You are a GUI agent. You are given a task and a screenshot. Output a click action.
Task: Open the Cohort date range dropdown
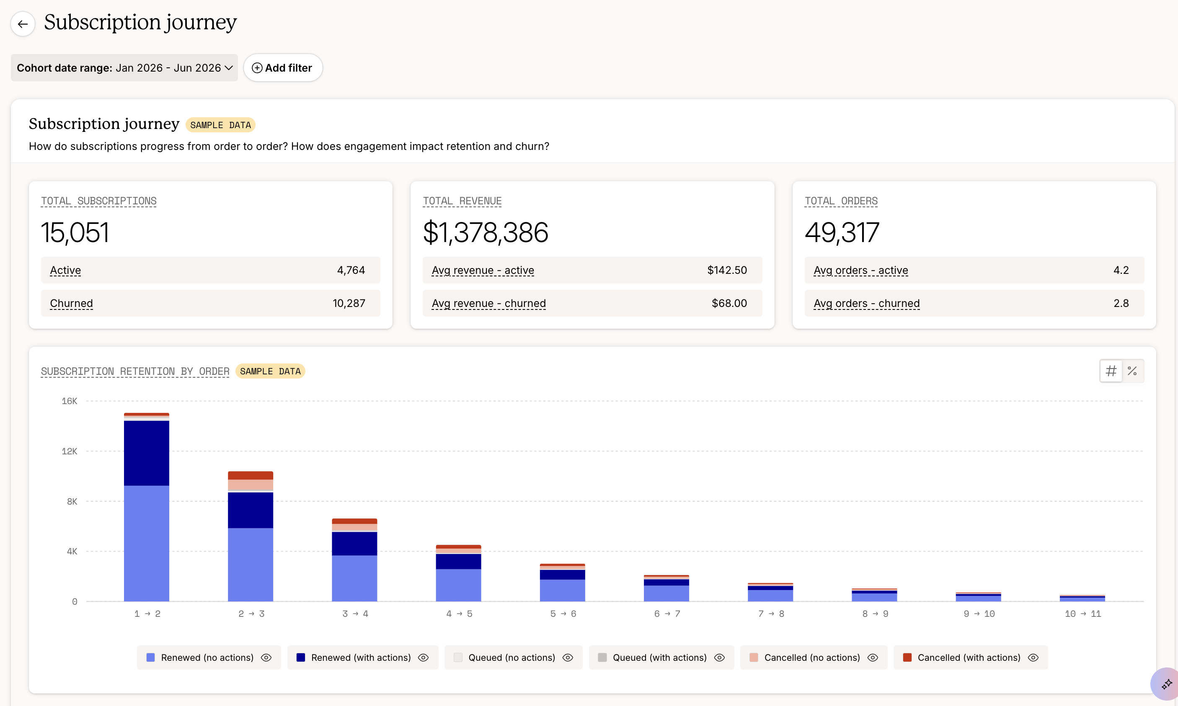click(x=124, y=67)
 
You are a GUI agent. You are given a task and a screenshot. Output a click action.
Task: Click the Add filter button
click(x=283, y=67)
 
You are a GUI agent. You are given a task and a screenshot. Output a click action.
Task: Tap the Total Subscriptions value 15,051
click(x=75, y=233)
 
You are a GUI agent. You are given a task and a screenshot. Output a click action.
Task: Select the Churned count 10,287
click(x=349, y=303)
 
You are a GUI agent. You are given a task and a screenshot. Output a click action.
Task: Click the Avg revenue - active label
click(x=483, y=270)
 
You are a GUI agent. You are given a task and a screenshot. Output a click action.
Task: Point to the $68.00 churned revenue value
click(x=729, y=303)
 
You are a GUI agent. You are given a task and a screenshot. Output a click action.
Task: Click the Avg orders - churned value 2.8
click(x=1121, y=303)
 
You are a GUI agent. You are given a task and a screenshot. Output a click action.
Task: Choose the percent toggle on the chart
click(x=1132, y=371)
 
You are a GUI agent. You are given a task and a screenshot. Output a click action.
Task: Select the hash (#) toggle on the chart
click(x=1111, y=371)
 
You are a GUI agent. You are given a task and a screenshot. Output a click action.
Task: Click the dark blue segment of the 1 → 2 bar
click(x=147, y=453)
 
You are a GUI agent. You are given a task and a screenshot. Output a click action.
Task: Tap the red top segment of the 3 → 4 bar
click(x=354, y=521)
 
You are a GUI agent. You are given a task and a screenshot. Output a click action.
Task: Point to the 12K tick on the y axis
click(x=70, y=451)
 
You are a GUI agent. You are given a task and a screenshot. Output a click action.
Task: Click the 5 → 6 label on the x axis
click(x=563, y=614)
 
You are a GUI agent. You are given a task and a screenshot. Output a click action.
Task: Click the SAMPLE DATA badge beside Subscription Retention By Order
click(x=270, y=371)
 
